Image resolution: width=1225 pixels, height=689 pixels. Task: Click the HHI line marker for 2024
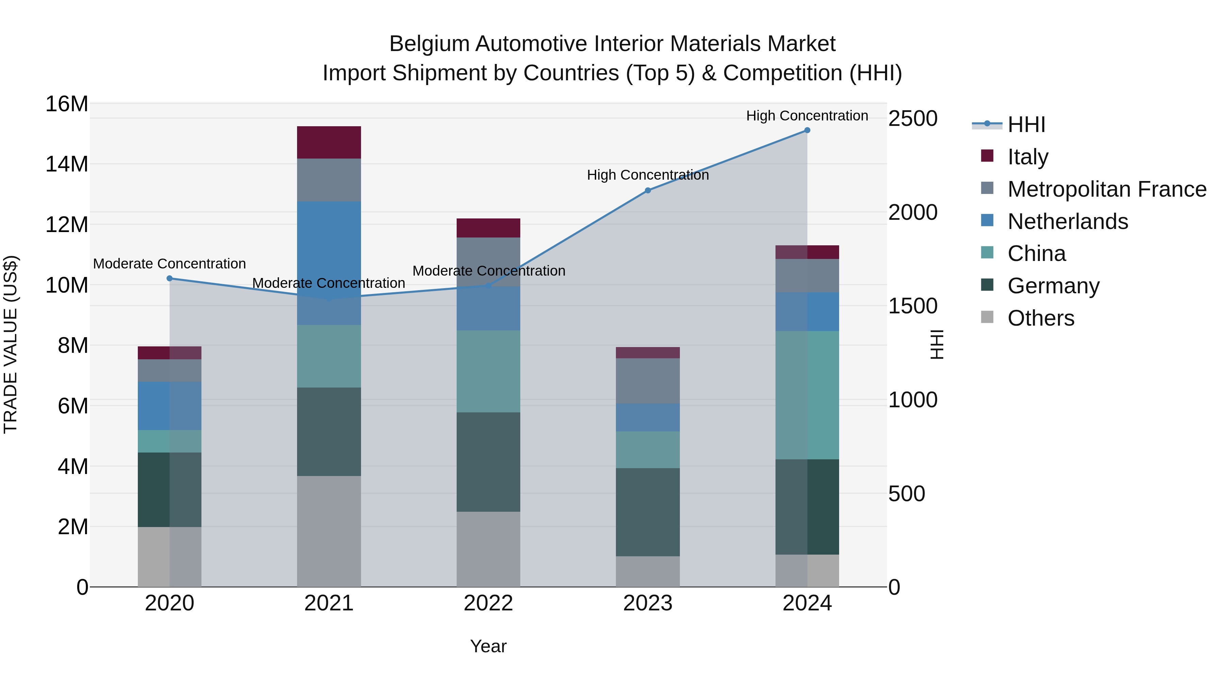click(807, 130)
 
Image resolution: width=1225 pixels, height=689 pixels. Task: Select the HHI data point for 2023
click(648, 191)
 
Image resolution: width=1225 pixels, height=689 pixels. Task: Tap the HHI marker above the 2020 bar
click(169, 279)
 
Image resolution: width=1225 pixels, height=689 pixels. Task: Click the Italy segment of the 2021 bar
click(329, 143)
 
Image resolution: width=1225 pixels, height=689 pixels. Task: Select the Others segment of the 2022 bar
click(488, 549)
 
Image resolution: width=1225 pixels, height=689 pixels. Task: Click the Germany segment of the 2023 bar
click(648, 512)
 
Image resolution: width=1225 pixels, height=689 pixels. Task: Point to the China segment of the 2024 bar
click(807, 395)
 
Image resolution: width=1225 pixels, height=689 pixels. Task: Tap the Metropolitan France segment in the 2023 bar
click(648, 381)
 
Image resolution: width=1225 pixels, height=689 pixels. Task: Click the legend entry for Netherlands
click(1067, 222)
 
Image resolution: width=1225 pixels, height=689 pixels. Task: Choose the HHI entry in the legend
click(1026, 125)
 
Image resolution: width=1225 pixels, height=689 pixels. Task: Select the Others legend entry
click(1041, 318)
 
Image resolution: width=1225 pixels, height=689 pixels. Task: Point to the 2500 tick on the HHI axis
click(913, 119)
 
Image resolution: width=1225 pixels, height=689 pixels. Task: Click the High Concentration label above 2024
click(807, 116)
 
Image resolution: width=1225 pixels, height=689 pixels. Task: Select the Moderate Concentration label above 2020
click(169, 264)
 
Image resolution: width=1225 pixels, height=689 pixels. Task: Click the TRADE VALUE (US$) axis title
click(11, 345)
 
